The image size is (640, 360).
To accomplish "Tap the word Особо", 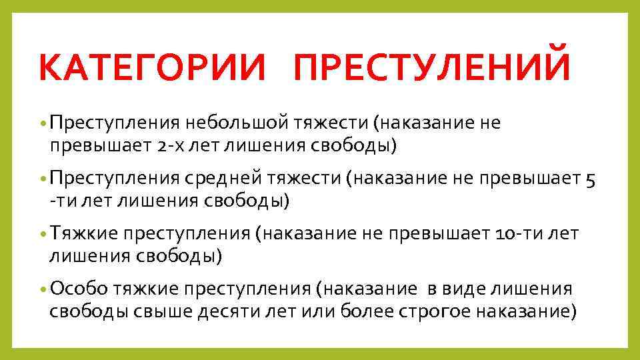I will click(x=78, y=289).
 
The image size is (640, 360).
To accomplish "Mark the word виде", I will click(x=471, y=289).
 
